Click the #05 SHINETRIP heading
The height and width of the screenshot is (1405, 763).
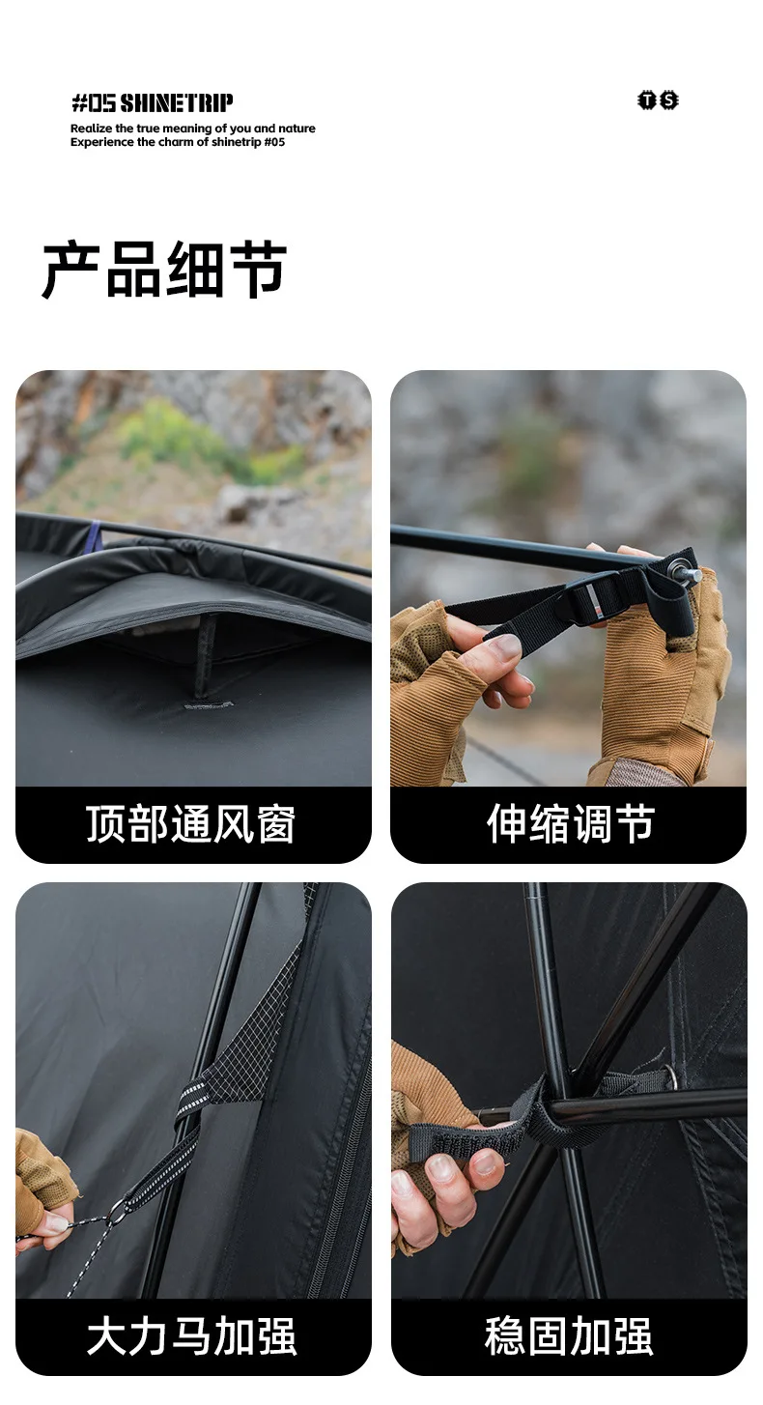[x=152, y=102]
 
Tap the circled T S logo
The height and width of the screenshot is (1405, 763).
[x=658, y=100]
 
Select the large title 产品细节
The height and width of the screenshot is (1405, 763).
[x=164, y=269]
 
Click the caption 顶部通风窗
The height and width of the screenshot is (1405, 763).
[x=190, y=823]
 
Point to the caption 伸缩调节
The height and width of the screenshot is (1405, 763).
[x=571, y=823]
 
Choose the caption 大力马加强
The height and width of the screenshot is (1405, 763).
[x=191, y=1336]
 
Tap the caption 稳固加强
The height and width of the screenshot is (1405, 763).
[x=569, y=1336]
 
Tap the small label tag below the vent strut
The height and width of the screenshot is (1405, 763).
[x=208, y=705]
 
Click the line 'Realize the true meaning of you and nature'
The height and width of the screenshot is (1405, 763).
[x=193, y=129]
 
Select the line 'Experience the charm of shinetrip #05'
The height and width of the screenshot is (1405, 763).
[x=178, y=142]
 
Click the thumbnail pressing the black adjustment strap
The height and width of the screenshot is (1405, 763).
[x=505, y=645]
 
